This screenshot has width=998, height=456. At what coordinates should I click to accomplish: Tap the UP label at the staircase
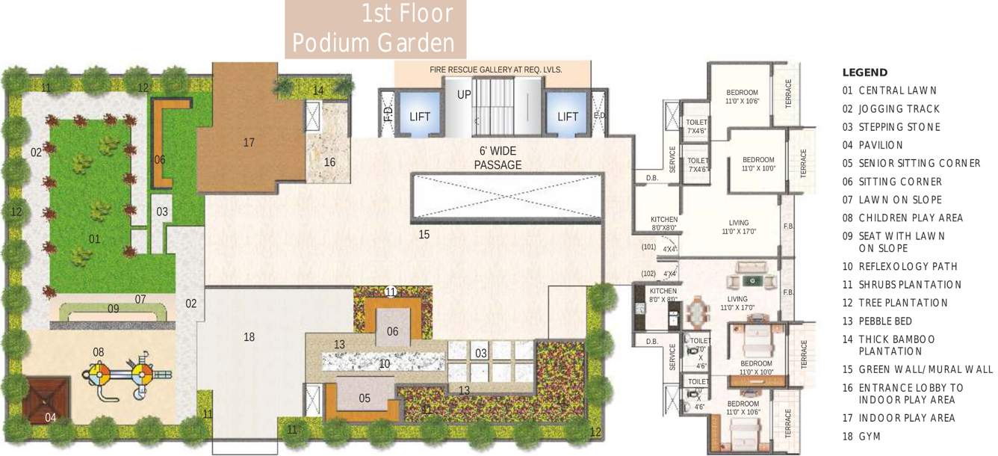[465, 96]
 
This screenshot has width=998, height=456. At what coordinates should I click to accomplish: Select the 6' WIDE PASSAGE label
[498, 158]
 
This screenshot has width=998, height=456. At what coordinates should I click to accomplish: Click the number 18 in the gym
[249, 337]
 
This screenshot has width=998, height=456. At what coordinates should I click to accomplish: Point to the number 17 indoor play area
[249, 142]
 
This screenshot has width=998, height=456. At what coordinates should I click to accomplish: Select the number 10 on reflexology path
[384, 364]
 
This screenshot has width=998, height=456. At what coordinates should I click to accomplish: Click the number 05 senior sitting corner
[365, 398]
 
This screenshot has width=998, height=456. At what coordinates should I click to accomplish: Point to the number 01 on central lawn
[95, 239]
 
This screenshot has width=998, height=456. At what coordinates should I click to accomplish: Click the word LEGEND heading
[865, 73]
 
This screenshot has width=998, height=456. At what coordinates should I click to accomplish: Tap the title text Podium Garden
[373, 43]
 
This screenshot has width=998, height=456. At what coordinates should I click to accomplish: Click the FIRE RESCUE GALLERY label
[495, 70]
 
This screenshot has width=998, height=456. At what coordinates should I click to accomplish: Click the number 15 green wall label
[424, 235]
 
